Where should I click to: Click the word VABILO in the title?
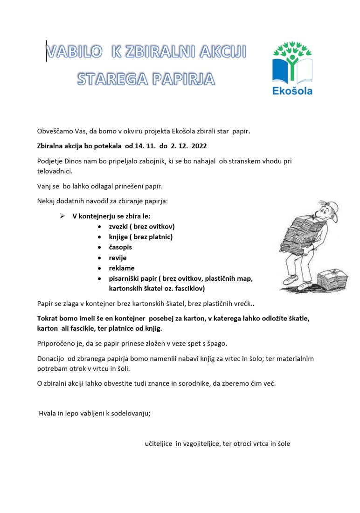[x=74, y=52]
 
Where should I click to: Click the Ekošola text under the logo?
[x=292, y=90]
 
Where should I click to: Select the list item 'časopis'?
[x=120, y=247]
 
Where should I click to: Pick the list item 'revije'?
[x=118, y=257]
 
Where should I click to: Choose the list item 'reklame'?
[x=122, y=268]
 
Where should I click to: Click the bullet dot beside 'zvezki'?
[x=100, y=227]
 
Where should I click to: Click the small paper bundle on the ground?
[x=332, y=280]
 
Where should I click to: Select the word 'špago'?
[x=217, y=344]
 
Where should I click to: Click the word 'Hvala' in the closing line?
[x=47, y=414]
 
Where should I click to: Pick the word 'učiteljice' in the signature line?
[x=159, y=444]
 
